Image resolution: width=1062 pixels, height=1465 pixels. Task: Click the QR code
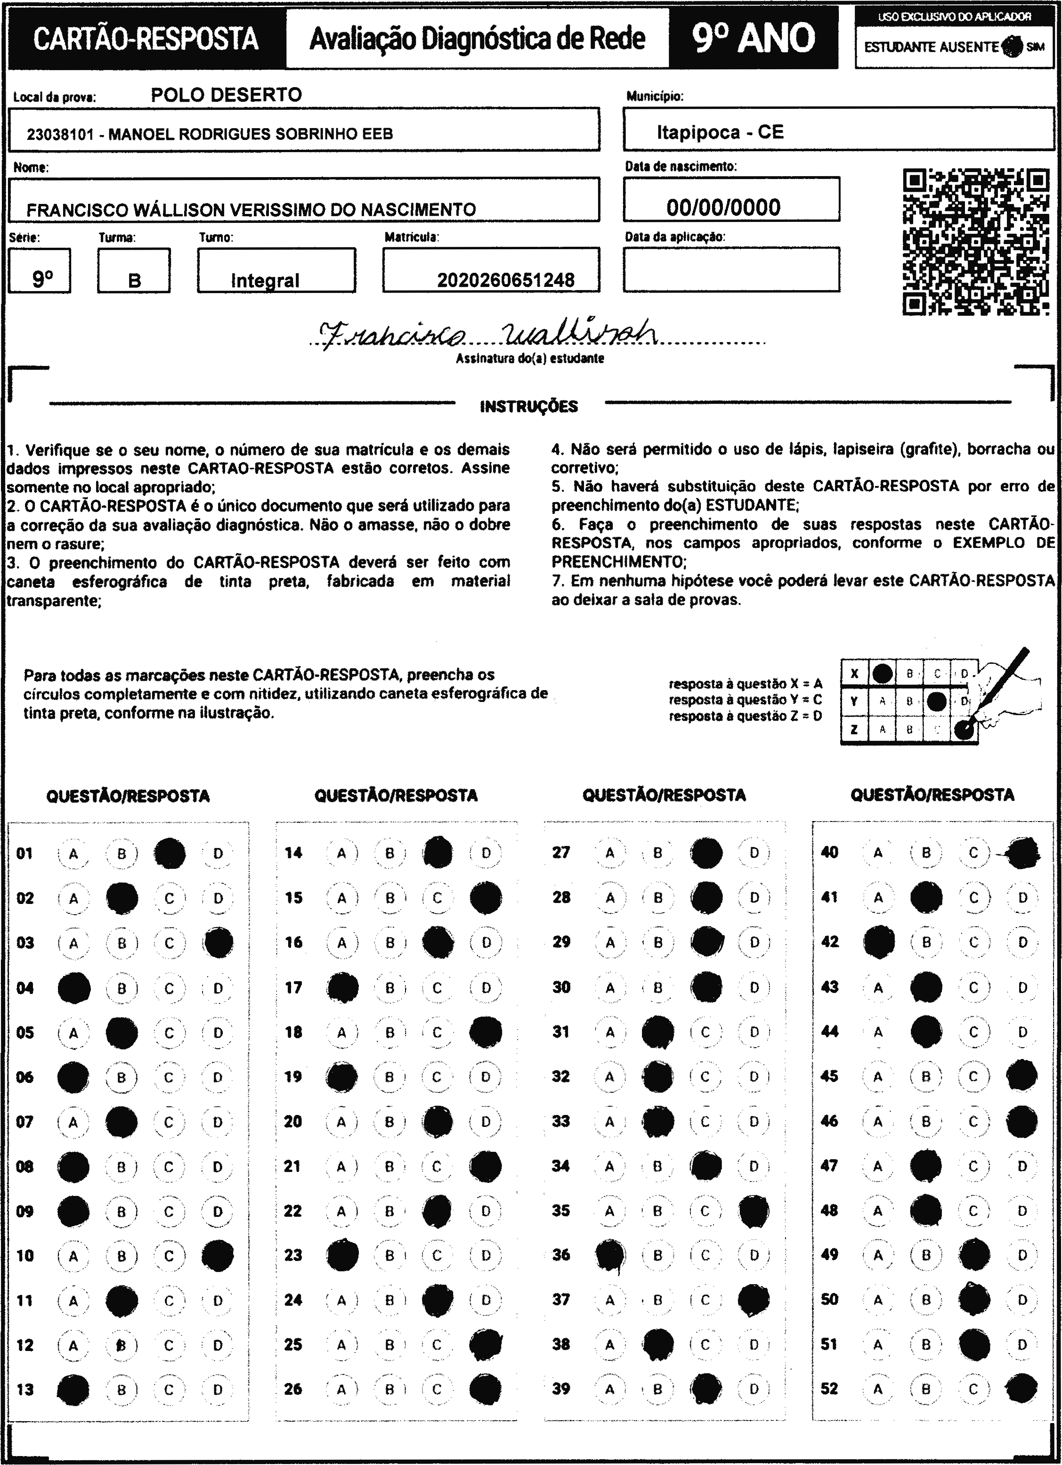pyautogui.click(x=975, y=242)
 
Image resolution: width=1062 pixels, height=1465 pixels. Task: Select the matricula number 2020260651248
pyautogui.click(x=506, y=280)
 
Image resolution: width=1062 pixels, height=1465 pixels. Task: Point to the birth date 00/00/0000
pyautogui.click(x=723, y=207)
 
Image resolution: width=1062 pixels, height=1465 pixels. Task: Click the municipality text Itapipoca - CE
pyautogui.click(x=720, y=132)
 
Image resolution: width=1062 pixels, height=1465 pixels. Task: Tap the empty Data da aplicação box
pyautogui.click(x=731, y=269)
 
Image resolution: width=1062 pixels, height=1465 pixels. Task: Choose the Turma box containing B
pyautogui.click(x=134, y=271)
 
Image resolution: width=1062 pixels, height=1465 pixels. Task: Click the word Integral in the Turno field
pyautogui.click(x=265, y=280)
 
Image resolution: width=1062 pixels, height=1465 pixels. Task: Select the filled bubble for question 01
pyautogui.click(x=170, y=853)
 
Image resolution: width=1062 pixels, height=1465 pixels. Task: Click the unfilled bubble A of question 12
pyautogui.click(x=73, y=1345)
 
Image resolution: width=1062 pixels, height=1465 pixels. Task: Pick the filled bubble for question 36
pyautogui.click(x=610, y=1255)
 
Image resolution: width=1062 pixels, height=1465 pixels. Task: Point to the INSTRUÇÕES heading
pyautogui.click(x=528, y=407)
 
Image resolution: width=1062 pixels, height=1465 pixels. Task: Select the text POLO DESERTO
pyautogui.click(x=226, y=95)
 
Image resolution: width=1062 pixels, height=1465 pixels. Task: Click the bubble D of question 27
pyautogui.click(x=754, y=853)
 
